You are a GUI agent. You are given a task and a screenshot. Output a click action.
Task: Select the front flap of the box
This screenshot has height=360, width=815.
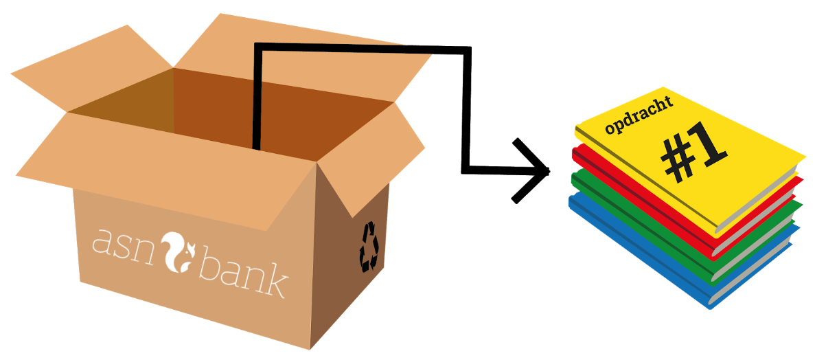(x=172, y=165)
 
